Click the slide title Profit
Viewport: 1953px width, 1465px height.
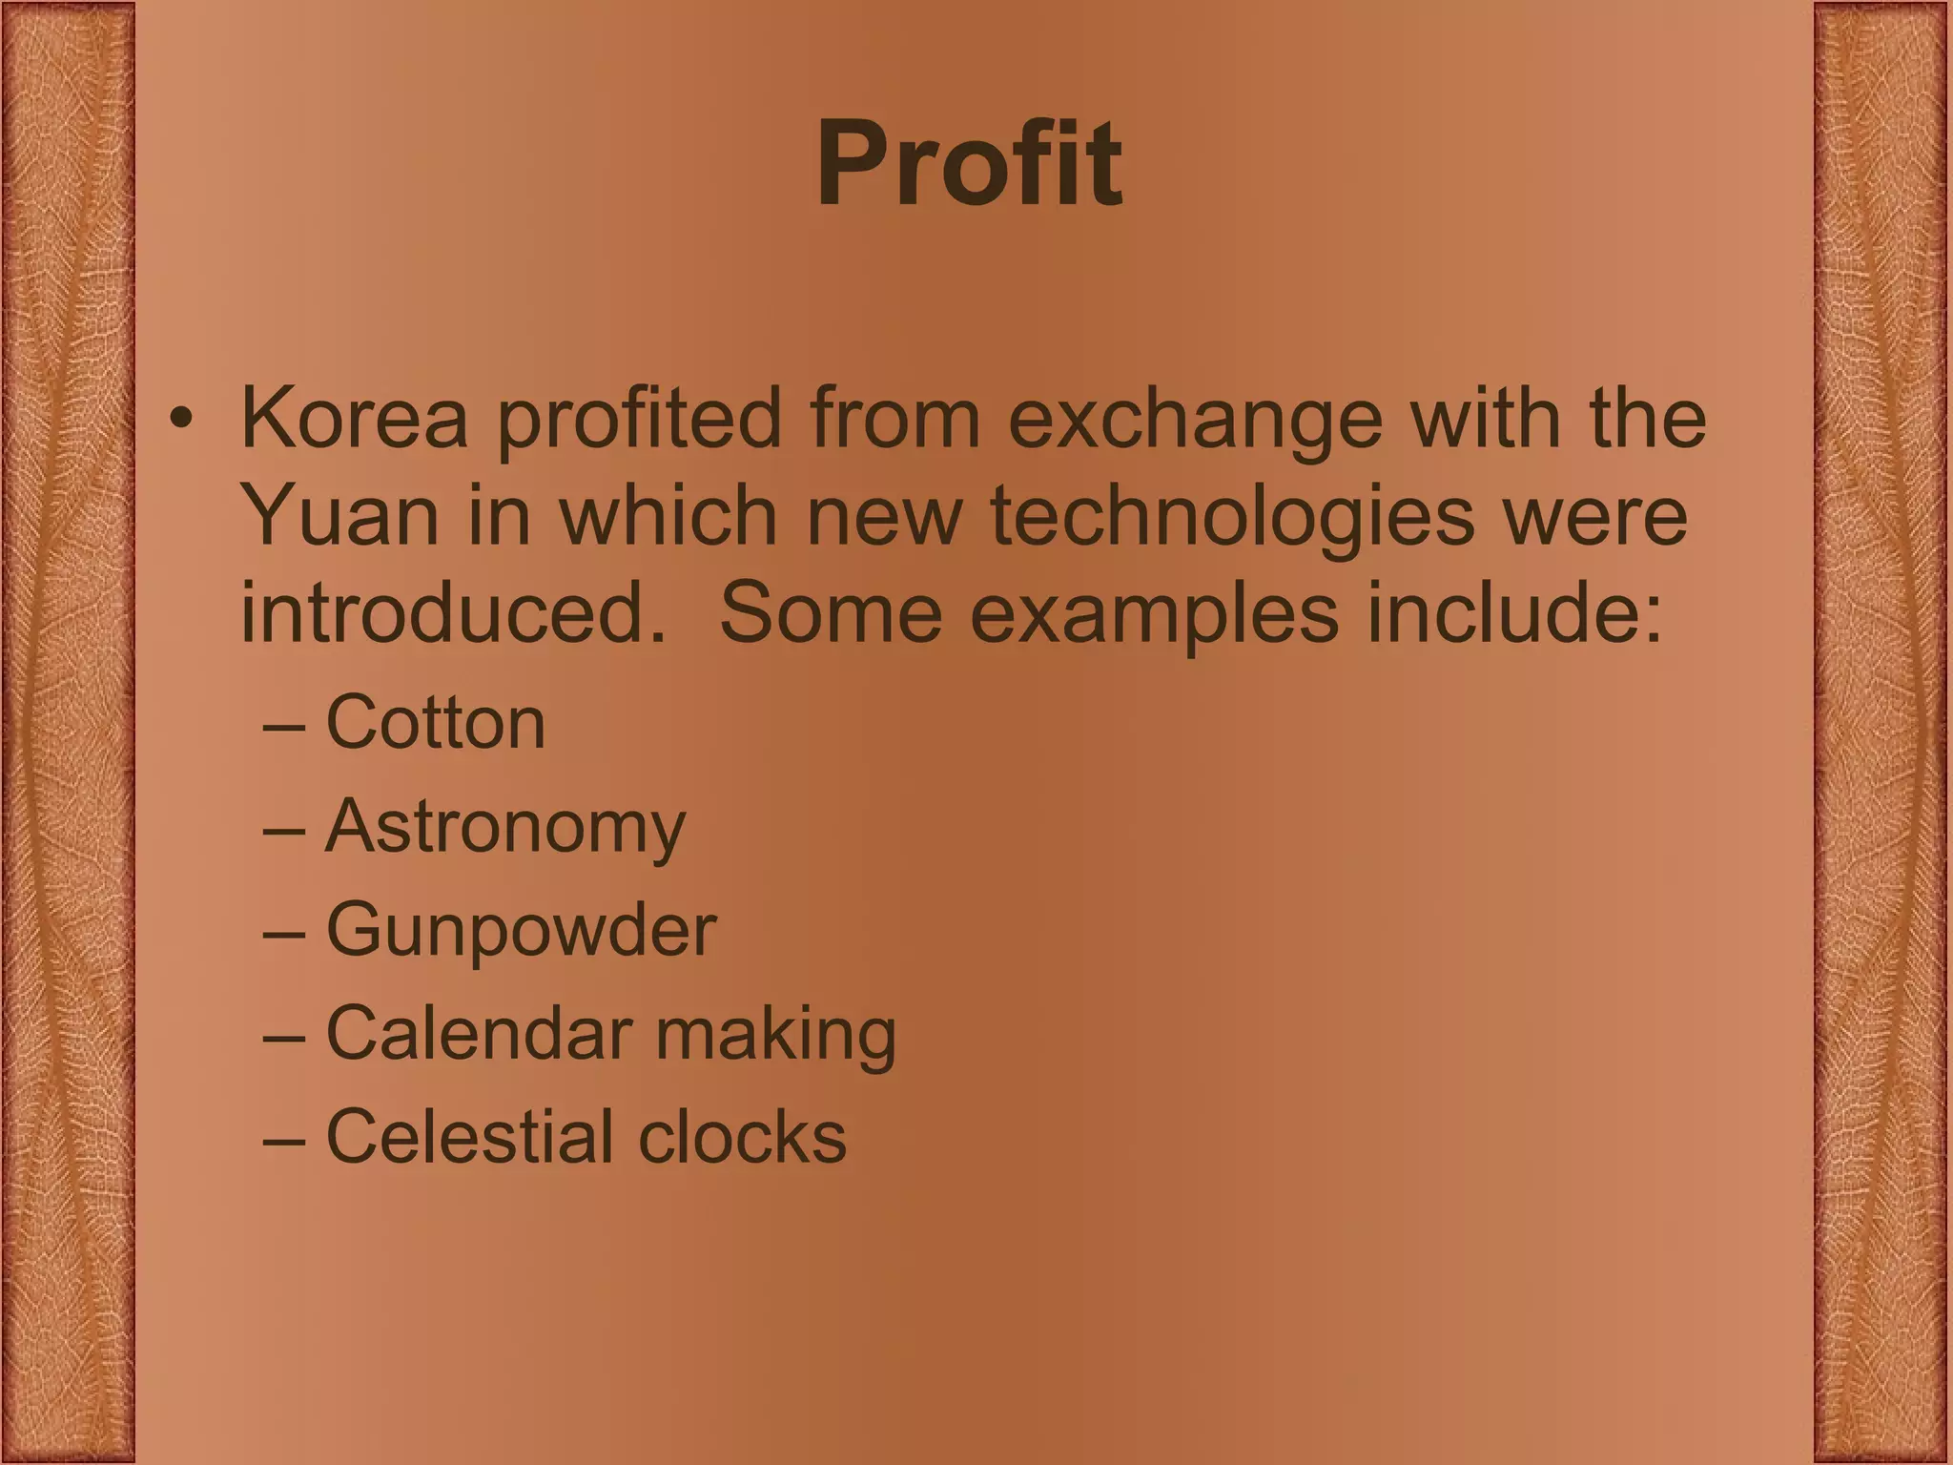click(969, 164)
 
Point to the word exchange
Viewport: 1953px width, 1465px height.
click(1195, 419)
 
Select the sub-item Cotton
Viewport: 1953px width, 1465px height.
click(436, 722)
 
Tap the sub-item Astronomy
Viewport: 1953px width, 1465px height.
click(505, 827)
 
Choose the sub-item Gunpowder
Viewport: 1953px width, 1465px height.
click(521, 931)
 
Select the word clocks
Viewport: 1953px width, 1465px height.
click(741, 1136)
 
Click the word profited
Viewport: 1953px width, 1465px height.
click(639, 419)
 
